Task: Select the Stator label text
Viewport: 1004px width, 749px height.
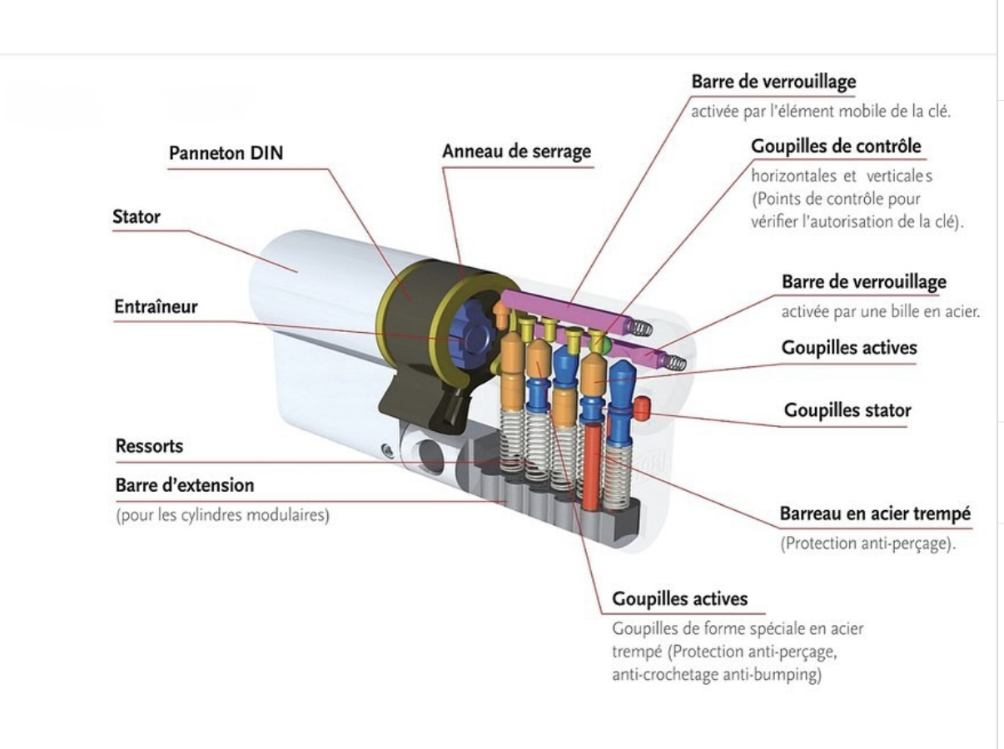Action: (136, 217)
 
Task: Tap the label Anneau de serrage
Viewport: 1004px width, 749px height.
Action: (516, 151)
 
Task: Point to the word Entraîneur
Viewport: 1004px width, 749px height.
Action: (156, 306)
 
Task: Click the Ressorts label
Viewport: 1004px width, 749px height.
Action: (149, 446)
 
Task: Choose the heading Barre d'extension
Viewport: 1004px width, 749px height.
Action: (185, 484)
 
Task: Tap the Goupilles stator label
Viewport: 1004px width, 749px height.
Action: (847, 410)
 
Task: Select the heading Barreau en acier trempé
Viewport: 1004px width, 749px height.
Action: (874, 513)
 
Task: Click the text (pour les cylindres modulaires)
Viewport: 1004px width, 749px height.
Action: (221, 516)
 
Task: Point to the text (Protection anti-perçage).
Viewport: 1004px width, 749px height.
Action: (866, 545)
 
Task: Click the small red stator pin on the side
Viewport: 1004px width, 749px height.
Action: (641, 409)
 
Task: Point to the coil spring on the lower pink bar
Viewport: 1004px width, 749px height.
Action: (674, 363)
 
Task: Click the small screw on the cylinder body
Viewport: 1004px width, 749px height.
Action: (385, 450)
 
